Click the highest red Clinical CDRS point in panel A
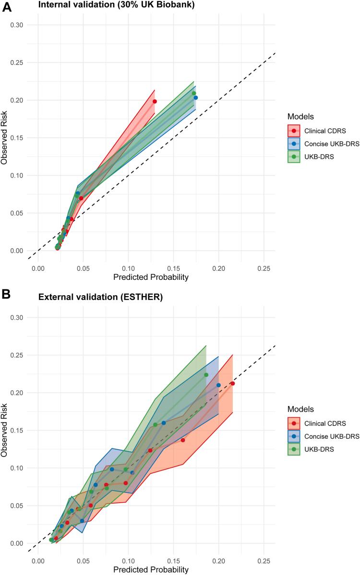click(x=155, y=101)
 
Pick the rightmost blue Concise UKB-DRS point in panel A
click(x=195, y=98)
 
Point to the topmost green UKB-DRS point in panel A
click(x=194, y=93)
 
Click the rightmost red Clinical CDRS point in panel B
click(x=233, y=383)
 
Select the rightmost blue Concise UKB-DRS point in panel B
click(x=218, y=385)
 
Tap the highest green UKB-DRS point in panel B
click(x=206, y=375)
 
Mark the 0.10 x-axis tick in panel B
click(x=128, y=559)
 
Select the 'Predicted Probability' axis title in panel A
click(x=150, y=277)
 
